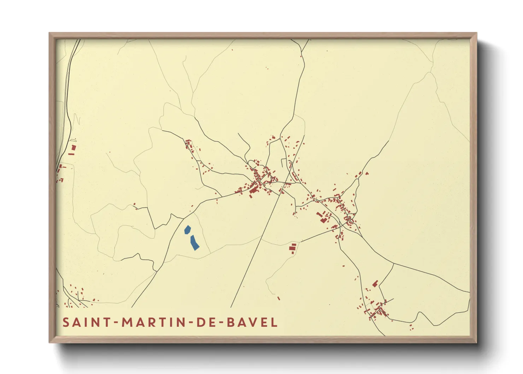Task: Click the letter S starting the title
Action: [66, 322]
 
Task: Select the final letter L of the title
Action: [275, 322]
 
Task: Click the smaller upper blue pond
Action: [188, 229]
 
